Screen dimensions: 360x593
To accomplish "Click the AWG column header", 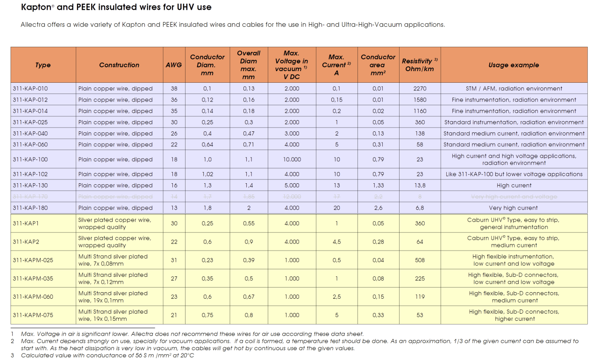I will click(174, 65).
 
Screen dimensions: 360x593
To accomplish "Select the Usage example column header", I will click(514, 65).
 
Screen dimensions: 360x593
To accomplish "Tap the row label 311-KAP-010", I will click(30, 88).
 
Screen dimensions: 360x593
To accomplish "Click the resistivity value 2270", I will click(420, 88).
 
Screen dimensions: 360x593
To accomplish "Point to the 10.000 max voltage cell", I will click(292, 159).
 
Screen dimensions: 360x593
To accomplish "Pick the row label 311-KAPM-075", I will click(33, 315).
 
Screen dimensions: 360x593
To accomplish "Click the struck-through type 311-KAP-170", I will click(30, 197).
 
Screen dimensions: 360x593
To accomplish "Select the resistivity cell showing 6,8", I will click(420, 208).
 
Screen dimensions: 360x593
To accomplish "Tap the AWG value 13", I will click(174, 208).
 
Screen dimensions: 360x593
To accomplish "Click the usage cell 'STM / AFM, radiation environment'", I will click(514, 88).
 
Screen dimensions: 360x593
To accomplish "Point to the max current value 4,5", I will click(336, 242).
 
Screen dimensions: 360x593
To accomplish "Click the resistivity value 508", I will click(420, 260).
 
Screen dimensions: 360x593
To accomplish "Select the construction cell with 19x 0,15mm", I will click(113, 315).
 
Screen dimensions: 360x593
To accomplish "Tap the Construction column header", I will click(119, 65).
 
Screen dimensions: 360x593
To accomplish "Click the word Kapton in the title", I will click(37, 7).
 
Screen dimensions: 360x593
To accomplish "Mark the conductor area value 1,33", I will click(378, 186).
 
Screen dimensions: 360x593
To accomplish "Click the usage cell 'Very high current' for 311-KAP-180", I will click(514, 208).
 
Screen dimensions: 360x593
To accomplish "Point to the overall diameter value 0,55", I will click(249, 223).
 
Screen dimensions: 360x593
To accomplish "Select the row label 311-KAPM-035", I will click(33, 279).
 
